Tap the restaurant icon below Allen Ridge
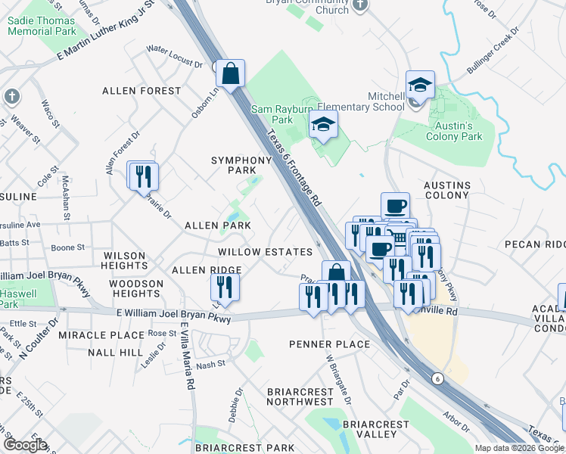pos(225,287)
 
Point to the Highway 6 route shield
pos(437,378)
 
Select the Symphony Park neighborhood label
pos(241,166)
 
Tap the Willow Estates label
pos(265,252)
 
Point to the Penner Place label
pos(330,344)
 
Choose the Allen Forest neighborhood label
pos(142,91)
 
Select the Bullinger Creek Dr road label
pos(493,52)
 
